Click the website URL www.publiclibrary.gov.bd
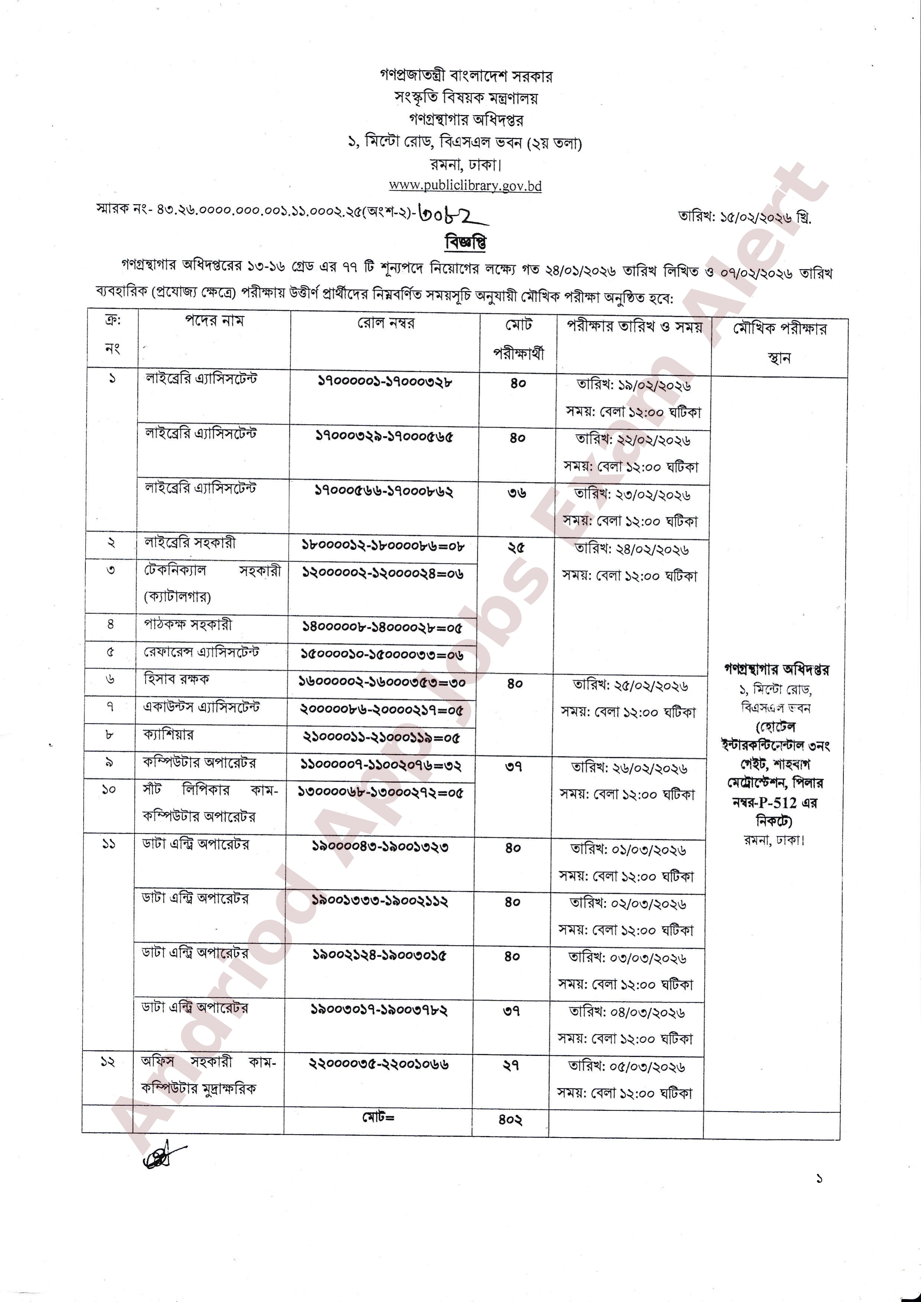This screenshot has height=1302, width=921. click(x=465, y=186)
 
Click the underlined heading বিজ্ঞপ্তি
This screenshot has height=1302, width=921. click(x=466, y=242)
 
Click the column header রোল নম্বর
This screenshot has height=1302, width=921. click(x=386, y=323)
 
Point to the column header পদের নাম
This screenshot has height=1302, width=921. click(x=214, y=321)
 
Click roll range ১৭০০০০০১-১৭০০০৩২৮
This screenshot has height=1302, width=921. click(x=385, y=382)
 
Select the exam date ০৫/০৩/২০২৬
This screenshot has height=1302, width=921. click(x=647, y=1067)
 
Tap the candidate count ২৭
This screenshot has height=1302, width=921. click(x=511, y=1066)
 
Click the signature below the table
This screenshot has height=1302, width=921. click(x=163, y=1154)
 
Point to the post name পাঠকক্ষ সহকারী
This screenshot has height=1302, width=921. click(x=188, y=625)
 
